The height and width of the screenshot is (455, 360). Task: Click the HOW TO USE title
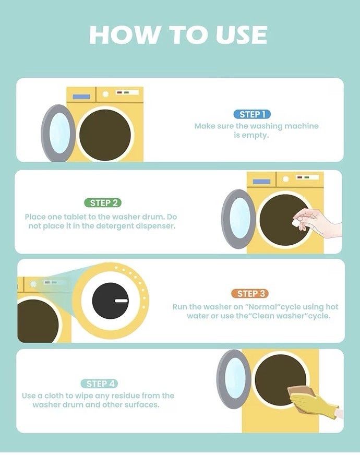click(x=178, y=35)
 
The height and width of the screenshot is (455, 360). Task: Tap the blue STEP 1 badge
click(x=252, y=114)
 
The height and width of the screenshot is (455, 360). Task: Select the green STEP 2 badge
click(x=103, y=203)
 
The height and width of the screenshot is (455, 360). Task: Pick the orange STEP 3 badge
click(x=250, y=294)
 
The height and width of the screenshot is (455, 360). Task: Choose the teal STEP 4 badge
click(x=99, y=384)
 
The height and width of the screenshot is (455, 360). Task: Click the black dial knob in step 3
click(x=110, y=301)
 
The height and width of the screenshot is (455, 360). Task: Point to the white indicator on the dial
click(x=121, y=301)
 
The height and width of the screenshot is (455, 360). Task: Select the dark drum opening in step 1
click(x=105, y=135)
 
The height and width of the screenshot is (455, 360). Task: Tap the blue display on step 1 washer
click(x=81, y=97)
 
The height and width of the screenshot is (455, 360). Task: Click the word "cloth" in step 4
click(x=54, y=396)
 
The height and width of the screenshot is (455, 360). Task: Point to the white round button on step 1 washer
click(x=105, y=94)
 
